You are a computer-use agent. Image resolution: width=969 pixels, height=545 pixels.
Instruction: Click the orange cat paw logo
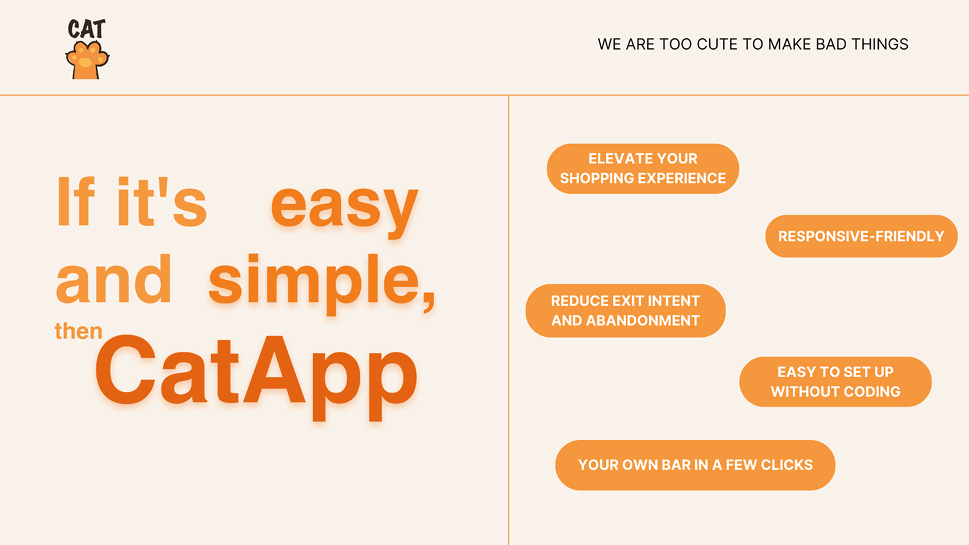pos(87,60)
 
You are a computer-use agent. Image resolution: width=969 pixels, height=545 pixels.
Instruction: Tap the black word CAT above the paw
pos(87,29)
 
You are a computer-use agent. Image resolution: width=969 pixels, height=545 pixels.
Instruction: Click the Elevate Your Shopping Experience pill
pos(643,169)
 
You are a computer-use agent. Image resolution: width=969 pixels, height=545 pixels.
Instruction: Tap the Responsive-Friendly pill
pos(861,236)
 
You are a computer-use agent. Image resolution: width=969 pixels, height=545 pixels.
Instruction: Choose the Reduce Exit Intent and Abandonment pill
pos(626,311)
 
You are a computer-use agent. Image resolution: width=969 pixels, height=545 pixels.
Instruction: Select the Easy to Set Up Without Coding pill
pos(835,381)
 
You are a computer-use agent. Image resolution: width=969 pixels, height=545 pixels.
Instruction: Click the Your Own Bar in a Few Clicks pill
pos(695,465)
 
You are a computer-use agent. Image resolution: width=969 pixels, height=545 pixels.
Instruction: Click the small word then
pos(79,331)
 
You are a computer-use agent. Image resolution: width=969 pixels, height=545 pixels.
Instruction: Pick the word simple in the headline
pos(315,284)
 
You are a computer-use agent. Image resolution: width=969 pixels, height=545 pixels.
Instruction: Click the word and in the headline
pos(114,279)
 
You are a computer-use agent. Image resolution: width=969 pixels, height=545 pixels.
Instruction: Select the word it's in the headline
pos(162,202)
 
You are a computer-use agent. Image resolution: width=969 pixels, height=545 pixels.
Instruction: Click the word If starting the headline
pos(76,201)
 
